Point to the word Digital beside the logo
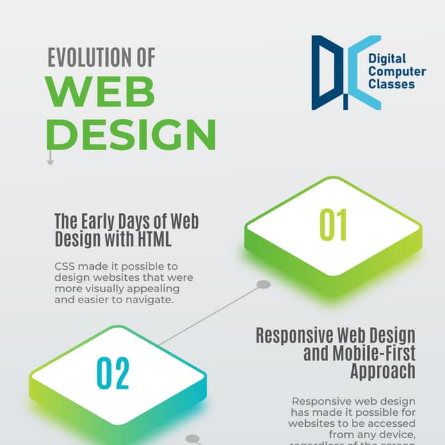387,59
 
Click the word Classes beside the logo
391,84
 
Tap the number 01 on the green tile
333,225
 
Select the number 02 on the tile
113,373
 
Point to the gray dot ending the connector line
264,284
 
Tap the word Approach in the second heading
383,371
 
